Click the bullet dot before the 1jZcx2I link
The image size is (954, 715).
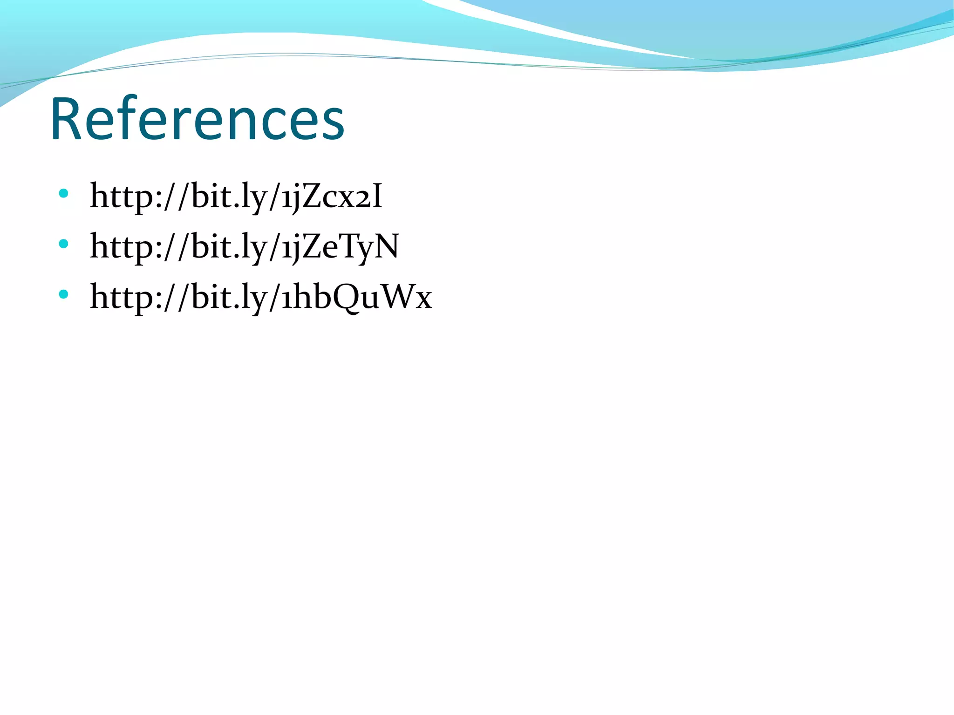pos(64,193)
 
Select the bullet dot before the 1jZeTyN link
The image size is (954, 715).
pos(64,244)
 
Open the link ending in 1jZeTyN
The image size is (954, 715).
pos(245,247)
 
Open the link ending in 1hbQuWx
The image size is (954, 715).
pos(261,297)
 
